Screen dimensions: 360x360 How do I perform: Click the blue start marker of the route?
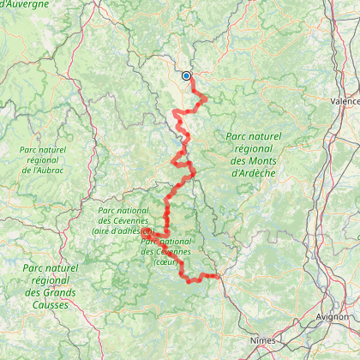186,75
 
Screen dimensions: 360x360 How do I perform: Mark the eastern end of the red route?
219,276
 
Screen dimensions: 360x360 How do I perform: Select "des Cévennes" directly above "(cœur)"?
165,251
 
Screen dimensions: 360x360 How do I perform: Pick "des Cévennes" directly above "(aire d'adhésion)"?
124,220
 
